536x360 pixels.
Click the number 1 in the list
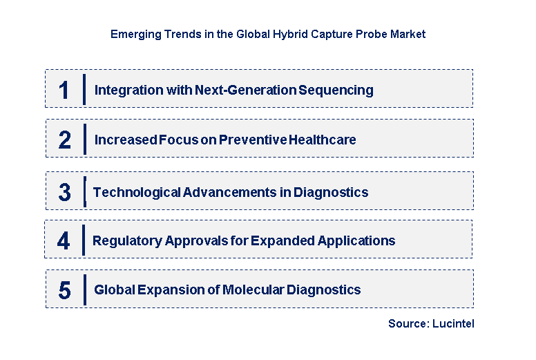[x=64, y=90]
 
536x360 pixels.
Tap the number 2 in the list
[x=64, y=140]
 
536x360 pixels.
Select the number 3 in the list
[x=64, y=192]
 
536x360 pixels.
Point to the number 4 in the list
[x=64, y=241]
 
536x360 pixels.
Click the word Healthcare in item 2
[x=322, y=140]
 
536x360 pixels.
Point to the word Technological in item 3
[x=136, y=192]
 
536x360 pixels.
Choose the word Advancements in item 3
[x=230, y=192]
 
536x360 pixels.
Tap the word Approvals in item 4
[x=196, y=241]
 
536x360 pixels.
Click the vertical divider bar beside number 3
[x=84, y=191]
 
